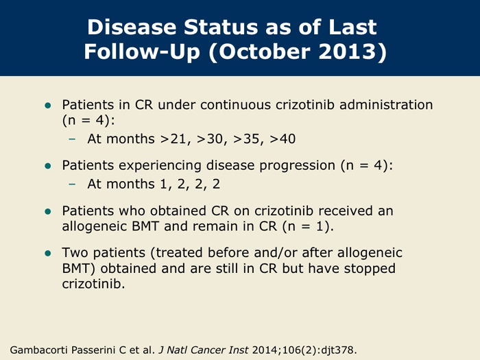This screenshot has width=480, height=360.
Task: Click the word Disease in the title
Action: pos(132,27)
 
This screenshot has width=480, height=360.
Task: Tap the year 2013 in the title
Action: pos(347,51)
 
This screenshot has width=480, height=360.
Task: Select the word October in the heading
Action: pos(265,51)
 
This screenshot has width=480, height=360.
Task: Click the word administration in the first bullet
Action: pos(386,105)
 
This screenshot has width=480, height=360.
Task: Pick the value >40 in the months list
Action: pos(283,139)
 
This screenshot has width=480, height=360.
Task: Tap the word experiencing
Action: pos(160,166)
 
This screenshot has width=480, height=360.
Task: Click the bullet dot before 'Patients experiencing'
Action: pos(48,166)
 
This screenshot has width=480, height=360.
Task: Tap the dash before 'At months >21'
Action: pos(72,139)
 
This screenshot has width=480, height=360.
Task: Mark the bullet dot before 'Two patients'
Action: pos(48,254)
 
